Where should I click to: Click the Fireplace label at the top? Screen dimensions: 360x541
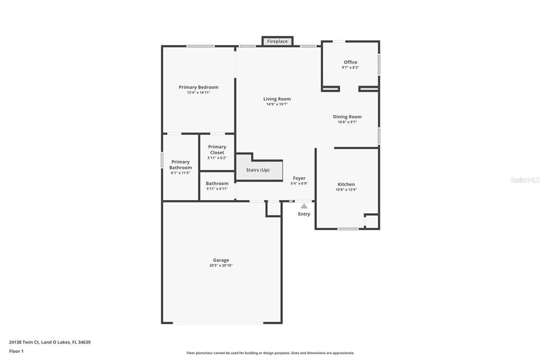(277, 41)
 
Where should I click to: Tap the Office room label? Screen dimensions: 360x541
(350, 62)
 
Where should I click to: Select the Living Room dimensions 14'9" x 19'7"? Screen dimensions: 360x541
(277, 105)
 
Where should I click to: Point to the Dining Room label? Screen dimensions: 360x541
(347, 117)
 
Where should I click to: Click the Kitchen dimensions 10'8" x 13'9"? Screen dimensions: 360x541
(347, 190)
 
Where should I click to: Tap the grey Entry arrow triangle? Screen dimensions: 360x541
(304, 206)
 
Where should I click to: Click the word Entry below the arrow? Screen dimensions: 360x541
(304, 214)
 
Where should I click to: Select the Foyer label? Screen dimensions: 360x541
(299, 178)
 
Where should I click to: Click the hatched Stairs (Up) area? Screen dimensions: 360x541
(259, 170)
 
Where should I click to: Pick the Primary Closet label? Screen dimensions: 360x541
(217, 149)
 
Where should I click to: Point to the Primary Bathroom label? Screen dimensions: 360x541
(180, 165)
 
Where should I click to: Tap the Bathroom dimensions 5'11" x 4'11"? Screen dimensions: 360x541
(217, 188)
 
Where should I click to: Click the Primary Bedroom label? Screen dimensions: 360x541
(198, 87)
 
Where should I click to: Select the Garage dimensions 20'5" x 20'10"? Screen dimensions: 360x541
(221, 266)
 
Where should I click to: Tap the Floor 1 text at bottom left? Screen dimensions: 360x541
(16, 351)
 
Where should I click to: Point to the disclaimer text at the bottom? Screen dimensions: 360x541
(270, 353)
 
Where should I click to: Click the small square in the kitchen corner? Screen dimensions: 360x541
(371, 221)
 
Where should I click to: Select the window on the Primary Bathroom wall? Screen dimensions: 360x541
(162, 160)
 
